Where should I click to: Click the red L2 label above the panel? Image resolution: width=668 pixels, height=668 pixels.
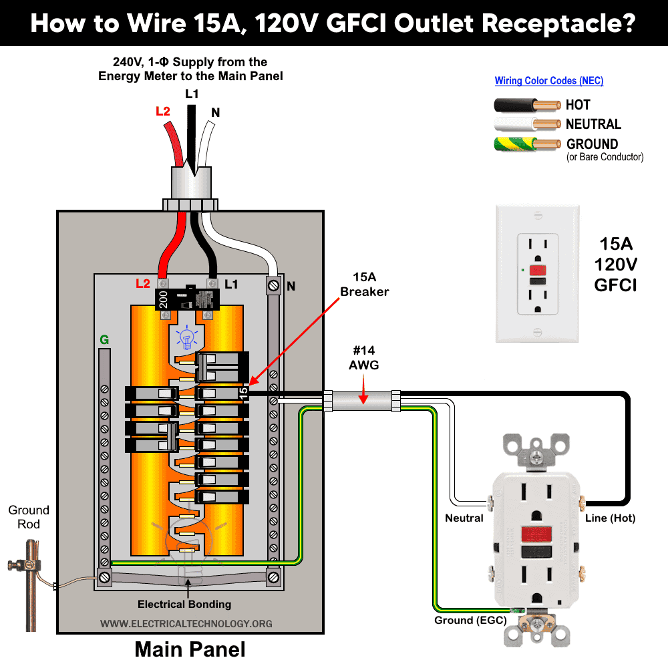pos(163,112)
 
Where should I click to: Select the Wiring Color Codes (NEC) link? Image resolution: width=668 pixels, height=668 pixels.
pos(548,81)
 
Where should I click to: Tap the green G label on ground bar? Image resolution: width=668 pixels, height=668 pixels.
pos(104,340)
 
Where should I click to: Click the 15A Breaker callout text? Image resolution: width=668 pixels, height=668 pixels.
pos(364,284)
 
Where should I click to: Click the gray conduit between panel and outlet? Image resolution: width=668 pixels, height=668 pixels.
pos(361,401)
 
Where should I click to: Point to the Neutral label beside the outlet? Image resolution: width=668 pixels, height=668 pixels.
pos(464,518)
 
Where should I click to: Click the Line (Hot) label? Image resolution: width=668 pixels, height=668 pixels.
pos(609,518)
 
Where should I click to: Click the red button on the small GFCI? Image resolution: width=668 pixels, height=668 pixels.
pos(536,269)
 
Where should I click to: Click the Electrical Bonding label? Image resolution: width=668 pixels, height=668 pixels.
pos(184,604)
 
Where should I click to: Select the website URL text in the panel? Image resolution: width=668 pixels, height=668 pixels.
pos(186,623)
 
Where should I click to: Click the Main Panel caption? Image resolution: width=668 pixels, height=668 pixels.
pos(190,649)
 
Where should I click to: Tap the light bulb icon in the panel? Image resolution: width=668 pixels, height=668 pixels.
pos(188,337)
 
